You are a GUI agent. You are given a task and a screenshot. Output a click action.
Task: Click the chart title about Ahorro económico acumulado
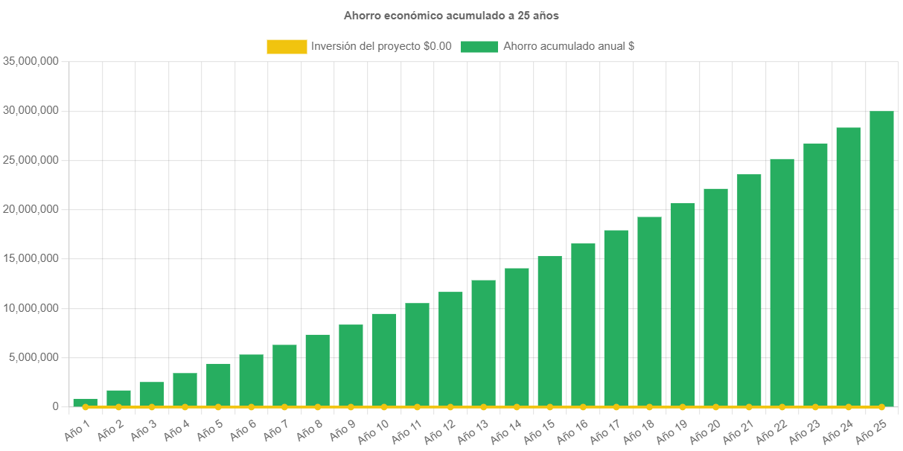451,15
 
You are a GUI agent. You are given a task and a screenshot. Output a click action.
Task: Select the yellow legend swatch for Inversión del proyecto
287,47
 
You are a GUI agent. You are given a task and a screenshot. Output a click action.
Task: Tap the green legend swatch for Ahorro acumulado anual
479,47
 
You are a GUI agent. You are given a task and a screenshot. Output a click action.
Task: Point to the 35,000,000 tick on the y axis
31,61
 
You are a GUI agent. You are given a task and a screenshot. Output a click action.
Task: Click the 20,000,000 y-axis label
31,209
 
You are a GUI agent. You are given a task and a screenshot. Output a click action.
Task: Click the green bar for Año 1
86,403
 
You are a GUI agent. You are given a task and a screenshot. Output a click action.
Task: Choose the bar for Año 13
483,343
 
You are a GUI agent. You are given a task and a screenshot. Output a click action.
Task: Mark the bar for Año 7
284,376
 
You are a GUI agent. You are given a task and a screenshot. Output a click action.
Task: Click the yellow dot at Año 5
218,407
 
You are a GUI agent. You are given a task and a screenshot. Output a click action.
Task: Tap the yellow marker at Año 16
583,407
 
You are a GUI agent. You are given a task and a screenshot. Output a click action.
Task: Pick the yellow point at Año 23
815,407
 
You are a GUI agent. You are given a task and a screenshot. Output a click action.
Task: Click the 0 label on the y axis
55,406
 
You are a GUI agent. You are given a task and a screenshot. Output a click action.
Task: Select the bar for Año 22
782,283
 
